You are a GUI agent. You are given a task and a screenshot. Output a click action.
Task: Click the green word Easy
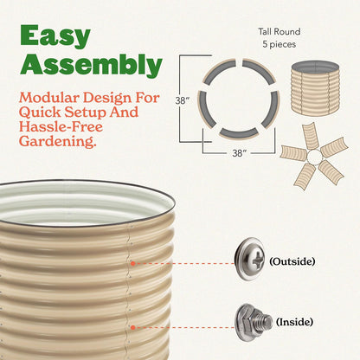pos(55,36)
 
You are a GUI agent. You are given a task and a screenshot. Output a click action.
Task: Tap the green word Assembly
pos(91,66)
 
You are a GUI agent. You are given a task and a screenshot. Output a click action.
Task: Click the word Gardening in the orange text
pos(58,141)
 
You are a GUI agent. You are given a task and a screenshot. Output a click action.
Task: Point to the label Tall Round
pos(280,31)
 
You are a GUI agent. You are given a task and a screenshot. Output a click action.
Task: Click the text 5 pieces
pos(279,44)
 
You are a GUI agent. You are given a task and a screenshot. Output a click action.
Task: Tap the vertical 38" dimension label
pos(183,100)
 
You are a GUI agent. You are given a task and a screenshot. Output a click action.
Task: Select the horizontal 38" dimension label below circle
pos(240,153)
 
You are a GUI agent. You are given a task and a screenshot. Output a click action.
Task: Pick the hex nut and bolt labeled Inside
pos(254,323)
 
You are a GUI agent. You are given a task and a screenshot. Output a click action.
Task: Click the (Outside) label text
pos(292,261)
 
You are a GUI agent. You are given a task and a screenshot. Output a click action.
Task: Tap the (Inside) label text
pos(294,322)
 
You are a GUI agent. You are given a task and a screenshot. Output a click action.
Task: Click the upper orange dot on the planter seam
pos(133,263)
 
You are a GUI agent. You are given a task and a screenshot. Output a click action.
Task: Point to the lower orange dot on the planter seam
pos(133,327)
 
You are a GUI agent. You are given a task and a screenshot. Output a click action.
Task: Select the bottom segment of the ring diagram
pos(239,133)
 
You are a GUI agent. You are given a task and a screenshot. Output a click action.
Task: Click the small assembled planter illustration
pos(315,88)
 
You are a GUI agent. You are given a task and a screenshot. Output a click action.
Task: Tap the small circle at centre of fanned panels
pos(314,157)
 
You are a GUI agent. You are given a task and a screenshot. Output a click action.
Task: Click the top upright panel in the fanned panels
pos(311,136)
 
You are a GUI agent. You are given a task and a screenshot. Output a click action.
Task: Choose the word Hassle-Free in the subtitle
pos(61,127)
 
